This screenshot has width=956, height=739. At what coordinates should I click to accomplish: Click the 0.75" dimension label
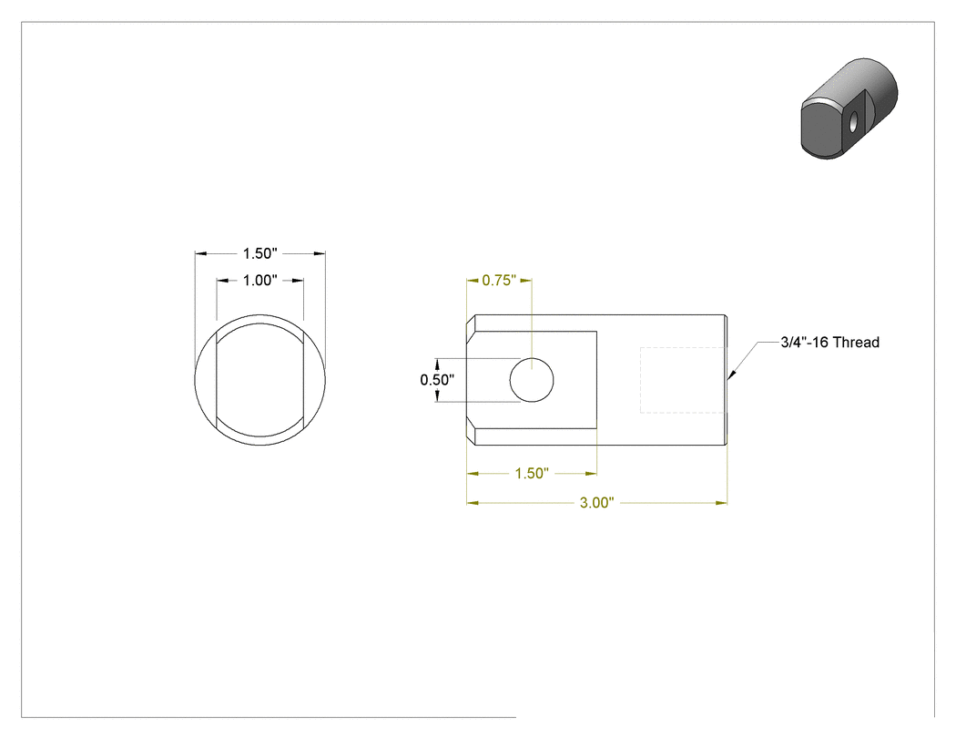tap(499, 280)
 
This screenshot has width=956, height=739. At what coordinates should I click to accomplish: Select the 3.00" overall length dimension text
tap(596, 503)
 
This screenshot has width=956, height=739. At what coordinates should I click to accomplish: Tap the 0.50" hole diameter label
tap(436, 380)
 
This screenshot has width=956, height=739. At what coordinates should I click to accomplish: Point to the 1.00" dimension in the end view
tap(259, 280)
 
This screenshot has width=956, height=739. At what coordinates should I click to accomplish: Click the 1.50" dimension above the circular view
tap(259, 253)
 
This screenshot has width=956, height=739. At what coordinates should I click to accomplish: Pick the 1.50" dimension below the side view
tap(532, 474)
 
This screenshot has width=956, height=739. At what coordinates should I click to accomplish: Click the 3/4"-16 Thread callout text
tap(829, 343)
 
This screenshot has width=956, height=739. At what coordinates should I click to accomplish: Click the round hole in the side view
tap(532, 380)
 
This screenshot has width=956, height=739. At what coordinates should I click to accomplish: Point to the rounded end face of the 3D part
tap(822, 128)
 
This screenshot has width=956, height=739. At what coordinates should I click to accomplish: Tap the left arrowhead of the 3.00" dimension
tap(473, 503)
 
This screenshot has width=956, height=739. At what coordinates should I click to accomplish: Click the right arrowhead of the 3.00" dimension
tap(721, 503)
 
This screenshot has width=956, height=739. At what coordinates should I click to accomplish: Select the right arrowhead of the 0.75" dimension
tap(526, 281)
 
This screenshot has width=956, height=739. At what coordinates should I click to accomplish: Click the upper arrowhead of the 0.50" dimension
tap(437, 364)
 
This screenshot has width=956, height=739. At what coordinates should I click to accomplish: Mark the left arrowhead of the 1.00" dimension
tap(222, 281)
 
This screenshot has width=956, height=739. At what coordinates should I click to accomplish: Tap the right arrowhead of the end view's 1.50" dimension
tap(320, 254)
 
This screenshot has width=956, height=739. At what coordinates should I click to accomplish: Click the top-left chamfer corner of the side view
tap(475, 315)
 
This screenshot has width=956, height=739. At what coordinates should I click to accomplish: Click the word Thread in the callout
tap(856, 343)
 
